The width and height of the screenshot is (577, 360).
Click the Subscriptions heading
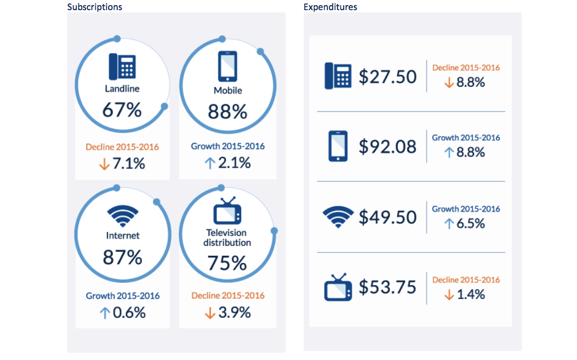95,7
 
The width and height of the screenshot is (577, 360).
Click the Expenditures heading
330,7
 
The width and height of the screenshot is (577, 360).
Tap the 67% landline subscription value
122,110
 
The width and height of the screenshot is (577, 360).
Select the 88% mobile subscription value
228,112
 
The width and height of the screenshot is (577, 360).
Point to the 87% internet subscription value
122,257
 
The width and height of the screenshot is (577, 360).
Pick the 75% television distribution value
228,263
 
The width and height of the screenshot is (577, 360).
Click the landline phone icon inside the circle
122,66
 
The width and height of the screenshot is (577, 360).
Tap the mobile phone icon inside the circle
228,66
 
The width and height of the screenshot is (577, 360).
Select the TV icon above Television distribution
228,211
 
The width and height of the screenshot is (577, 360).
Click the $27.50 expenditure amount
388,77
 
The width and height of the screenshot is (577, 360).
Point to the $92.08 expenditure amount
388,146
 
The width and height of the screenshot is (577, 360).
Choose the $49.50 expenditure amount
388,217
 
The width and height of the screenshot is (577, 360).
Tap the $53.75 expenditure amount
388,287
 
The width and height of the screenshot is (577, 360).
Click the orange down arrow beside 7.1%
104,164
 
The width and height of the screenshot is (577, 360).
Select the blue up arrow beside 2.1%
210,163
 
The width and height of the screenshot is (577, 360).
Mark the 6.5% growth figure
471,224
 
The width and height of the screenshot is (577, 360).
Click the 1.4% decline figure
471,294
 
